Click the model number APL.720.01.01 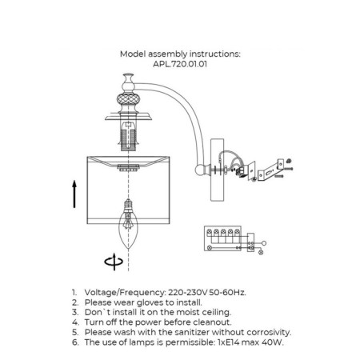[180, 64]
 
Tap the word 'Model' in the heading [133, 54]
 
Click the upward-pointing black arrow [74, 194]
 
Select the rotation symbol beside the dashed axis [114, 262]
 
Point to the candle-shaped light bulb [128, 223]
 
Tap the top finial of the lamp [128, 82]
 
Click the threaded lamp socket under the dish [128, 136]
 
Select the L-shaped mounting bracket [270, 170]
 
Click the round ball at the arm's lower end [200, 170]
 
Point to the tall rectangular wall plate [217, 170]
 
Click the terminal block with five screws [223, 238]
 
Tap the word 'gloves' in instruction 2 [150, 302]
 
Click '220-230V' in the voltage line [187, 293]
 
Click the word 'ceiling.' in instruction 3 [217, 313]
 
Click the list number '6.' [75, 342]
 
